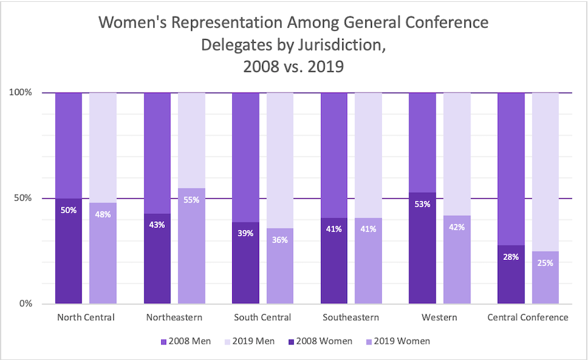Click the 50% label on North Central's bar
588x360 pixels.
point(68,210)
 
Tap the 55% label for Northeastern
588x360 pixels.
point(192,200)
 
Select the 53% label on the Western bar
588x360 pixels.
point(422,204)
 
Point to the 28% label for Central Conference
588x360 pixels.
point(511,257)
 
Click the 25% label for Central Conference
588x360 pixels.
point(545,263)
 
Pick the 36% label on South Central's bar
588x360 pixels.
point(280,239)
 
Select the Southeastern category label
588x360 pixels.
point(351,318)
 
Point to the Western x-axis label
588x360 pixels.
point(439,318)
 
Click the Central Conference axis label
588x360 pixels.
point(528,318)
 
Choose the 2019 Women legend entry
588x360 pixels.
point(399,341)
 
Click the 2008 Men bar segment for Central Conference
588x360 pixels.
point(511,168)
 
